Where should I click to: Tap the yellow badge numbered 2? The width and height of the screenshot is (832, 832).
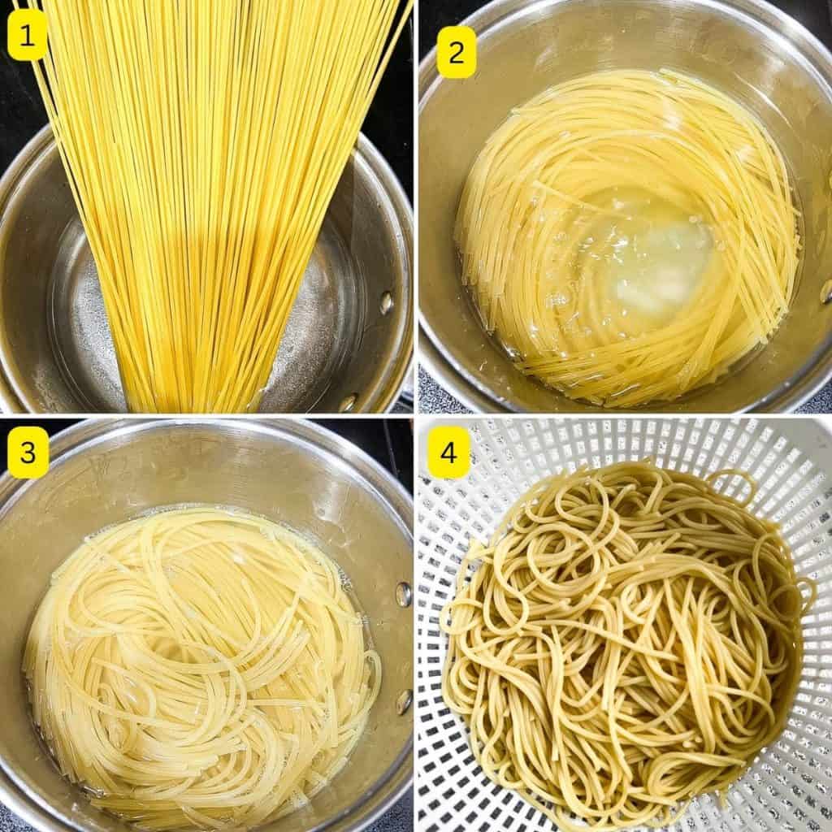pyautogui.click(x=456, y=52)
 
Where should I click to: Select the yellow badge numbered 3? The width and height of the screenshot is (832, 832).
pyautogui.click(x=28, y=452)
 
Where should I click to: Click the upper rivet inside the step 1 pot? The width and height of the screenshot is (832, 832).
pyautogui.click(x=386, y=302)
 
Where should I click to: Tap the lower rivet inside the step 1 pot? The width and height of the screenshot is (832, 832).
pyautogui.click(x=348, y=402)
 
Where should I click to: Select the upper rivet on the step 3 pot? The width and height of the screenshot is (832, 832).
pyautogui.click(x=403, y=594)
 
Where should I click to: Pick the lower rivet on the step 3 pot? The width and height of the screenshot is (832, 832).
pyautogui.click(x=404, y=701)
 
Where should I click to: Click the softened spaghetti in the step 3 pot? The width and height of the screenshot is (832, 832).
pyautogui.click(x=201, y=663)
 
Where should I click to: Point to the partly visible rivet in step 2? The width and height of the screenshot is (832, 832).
pyautogui.click(x=827, y=292)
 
